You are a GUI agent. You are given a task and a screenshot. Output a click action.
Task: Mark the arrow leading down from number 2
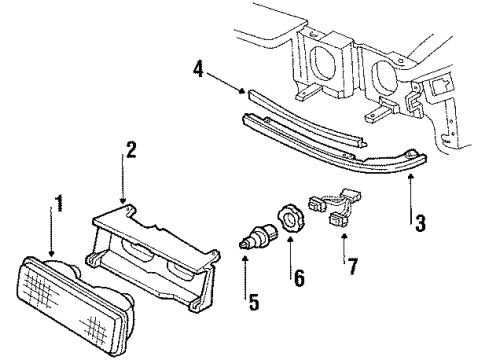tap(124, 185)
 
